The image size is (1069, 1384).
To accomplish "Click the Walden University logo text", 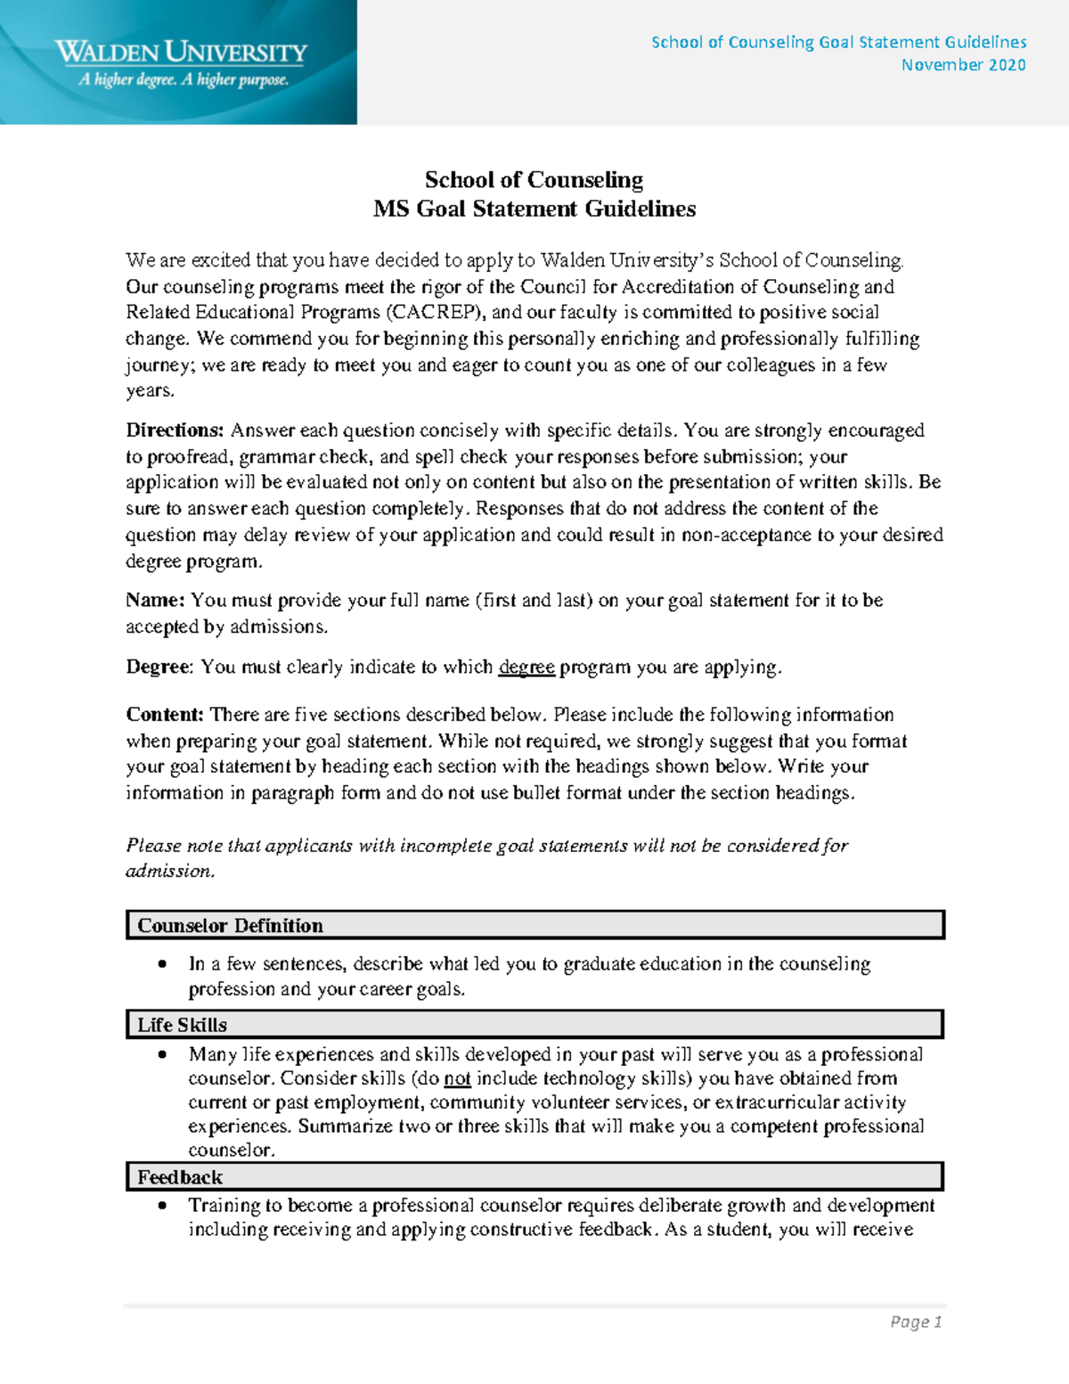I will (181, 52).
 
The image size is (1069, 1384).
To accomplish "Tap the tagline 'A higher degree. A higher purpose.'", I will (184, 80).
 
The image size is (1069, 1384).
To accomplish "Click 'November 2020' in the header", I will (963, 65).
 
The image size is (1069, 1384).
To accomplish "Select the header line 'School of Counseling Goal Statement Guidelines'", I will (838, 42).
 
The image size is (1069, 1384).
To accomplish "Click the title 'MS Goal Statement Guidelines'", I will (534, 209).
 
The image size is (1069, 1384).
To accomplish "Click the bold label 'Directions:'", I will (175, 430).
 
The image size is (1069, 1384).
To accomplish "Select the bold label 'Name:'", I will (155, 601).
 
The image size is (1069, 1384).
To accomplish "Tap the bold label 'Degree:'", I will (159, 667).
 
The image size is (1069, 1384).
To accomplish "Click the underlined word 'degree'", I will (526, 667).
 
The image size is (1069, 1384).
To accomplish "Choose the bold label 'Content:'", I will (165, 715).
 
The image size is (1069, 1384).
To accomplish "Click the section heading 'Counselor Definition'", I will (230, 926).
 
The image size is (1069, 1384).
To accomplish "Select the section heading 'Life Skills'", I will (182, 1025).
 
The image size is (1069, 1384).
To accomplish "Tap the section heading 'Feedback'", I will (179, 1177).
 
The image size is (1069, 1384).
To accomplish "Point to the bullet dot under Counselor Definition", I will (162, 964).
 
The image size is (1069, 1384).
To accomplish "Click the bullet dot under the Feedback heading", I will (162, 1206).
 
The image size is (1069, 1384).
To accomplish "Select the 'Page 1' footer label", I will (916, 1323).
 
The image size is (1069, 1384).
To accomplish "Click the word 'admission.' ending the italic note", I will (170, 872).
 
